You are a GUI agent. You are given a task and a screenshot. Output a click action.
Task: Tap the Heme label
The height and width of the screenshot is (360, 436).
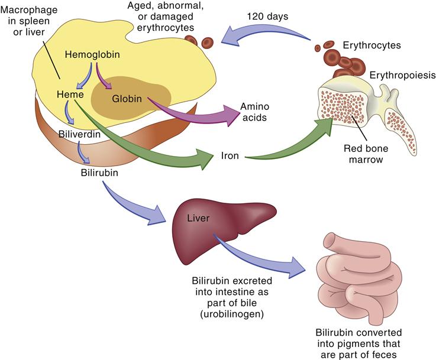[x=69, y=94]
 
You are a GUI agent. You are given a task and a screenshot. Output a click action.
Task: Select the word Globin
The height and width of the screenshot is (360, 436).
[x=126, y=99]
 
